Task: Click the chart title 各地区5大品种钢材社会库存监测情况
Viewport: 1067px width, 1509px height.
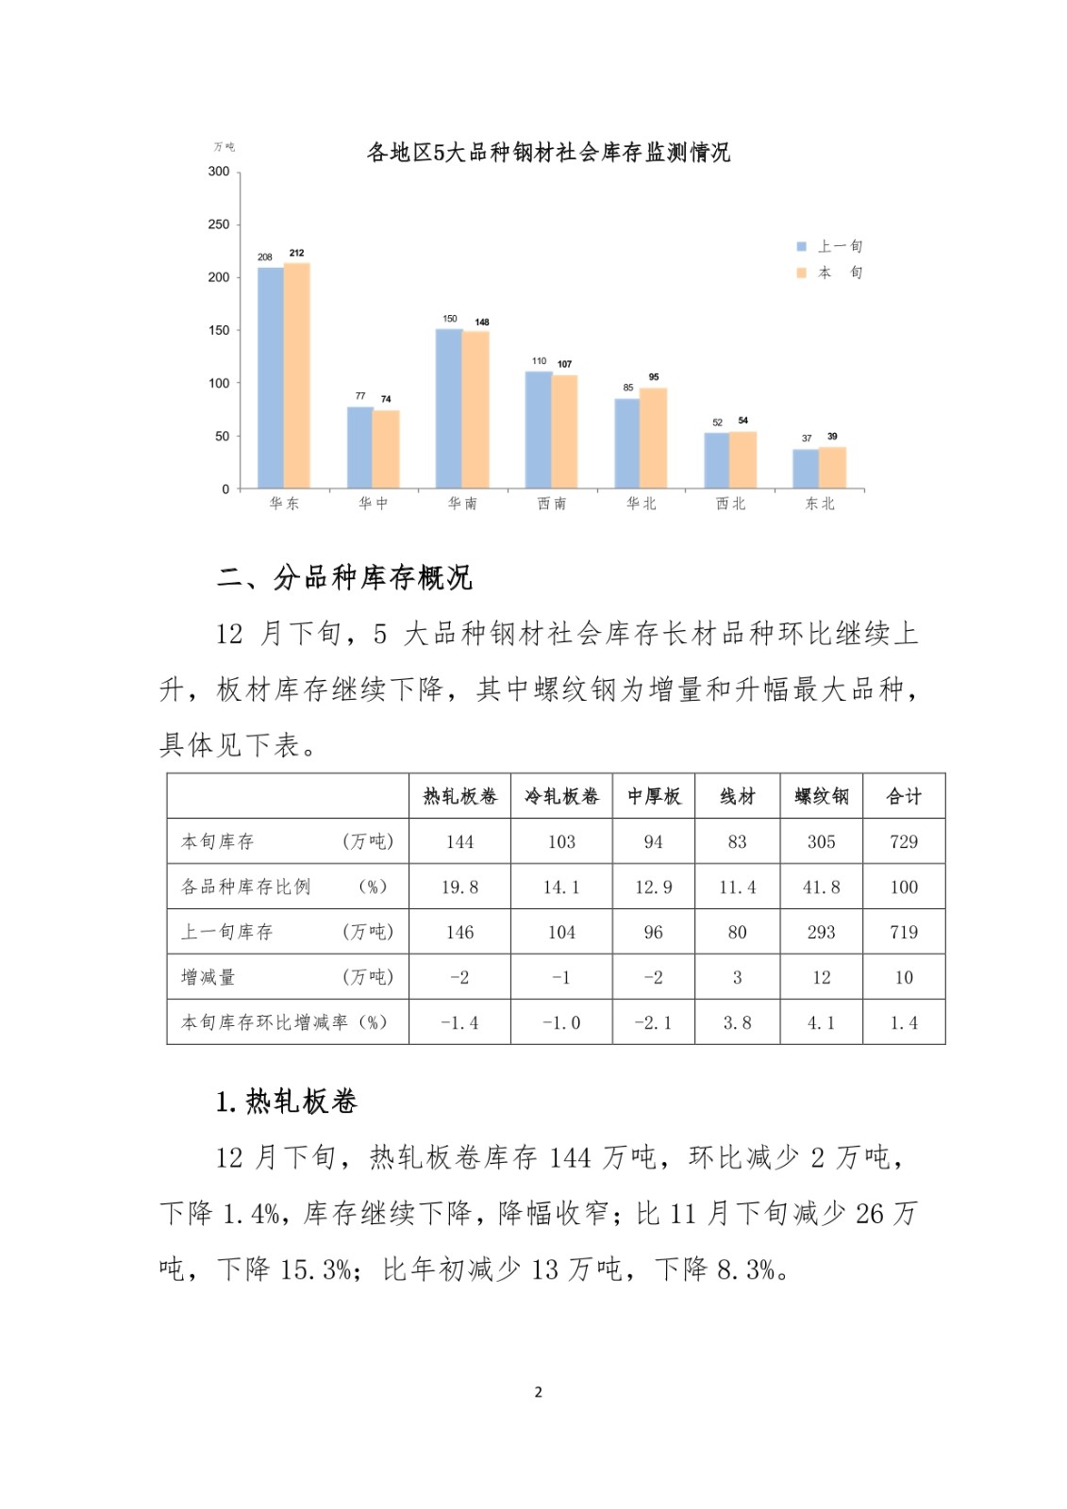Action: point(548,153)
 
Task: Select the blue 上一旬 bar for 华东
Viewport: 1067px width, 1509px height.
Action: point(271,377)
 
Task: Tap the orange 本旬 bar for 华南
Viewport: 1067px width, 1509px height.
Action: point(475,409)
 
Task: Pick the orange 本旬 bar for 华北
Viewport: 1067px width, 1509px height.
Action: point(654,438)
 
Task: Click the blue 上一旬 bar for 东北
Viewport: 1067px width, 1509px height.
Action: point(806,469)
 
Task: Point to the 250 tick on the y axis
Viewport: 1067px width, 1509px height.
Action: point(219,224)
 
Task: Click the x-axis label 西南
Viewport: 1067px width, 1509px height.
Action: point(552,504)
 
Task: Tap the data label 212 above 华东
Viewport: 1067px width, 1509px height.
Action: point(296,253)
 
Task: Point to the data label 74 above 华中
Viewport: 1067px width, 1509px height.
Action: point(386,399)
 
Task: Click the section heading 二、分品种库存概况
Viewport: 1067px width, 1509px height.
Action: point(344,577)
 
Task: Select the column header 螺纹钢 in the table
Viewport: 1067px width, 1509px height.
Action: point(821,797)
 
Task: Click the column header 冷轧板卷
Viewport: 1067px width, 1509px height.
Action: point(561,797)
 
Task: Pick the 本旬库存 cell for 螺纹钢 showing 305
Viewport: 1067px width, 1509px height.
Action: point(821,841)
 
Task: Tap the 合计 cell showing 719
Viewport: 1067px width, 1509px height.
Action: point(904,932)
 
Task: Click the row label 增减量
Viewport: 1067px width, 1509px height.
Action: point(208,977)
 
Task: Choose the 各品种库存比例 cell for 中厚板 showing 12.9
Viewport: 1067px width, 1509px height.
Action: point(653,887)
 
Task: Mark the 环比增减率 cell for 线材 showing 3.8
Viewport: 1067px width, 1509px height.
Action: point(737,1022)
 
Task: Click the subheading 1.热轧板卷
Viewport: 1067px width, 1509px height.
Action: point(287,1102)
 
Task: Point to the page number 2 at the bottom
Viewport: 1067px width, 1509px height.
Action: point(538,1392)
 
